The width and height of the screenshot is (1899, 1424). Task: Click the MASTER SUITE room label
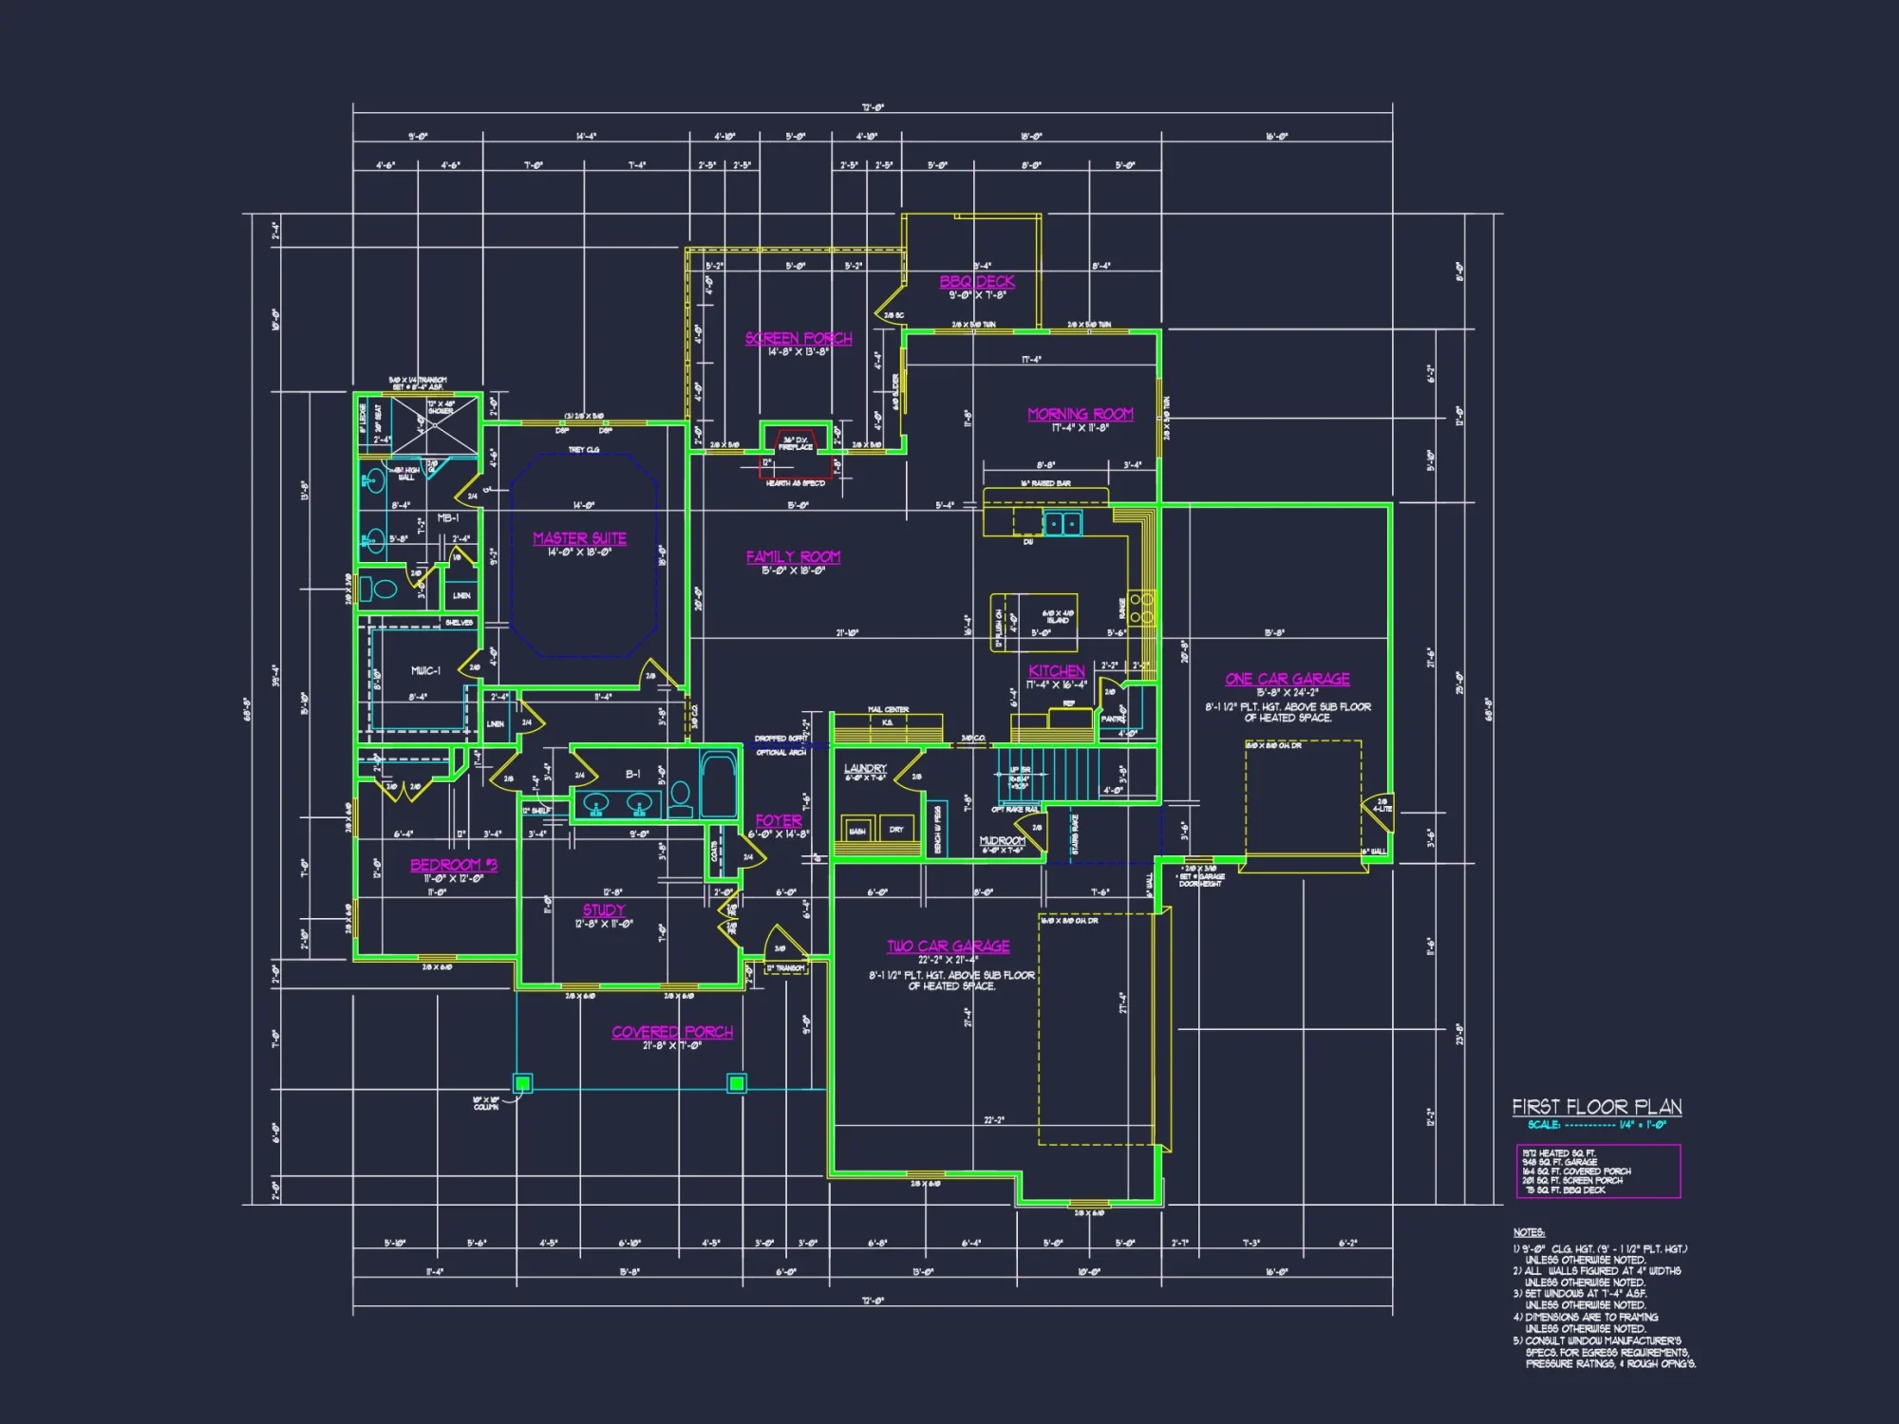(579, 538)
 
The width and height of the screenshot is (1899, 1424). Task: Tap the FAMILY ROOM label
(793, 557)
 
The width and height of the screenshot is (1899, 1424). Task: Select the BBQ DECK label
(977, 282)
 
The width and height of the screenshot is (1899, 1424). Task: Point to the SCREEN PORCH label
(799, 339)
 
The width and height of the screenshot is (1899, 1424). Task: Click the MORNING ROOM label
(1081, 415)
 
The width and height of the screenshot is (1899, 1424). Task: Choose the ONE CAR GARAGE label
(1288, 679)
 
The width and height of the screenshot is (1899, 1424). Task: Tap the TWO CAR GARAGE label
(949, 946)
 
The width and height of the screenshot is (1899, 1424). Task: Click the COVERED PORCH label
(672, 1032)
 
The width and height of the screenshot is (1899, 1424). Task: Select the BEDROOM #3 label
(454, 865)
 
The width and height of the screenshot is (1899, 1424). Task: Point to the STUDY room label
(604, 910)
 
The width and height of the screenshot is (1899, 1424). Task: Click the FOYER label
(779, 821)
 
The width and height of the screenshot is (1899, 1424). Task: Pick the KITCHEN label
(1057, 671)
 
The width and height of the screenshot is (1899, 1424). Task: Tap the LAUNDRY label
(865, 768)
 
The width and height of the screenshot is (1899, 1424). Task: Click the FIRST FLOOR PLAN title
(1597, 1107)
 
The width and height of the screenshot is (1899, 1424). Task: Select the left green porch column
(522, 1082)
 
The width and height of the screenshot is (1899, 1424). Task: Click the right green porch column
(737, 1082)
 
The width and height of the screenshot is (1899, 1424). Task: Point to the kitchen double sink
(1062, 523)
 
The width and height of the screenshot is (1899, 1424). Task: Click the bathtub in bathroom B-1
(719, 783)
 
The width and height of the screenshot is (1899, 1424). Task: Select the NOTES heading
(1529, 1232)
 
